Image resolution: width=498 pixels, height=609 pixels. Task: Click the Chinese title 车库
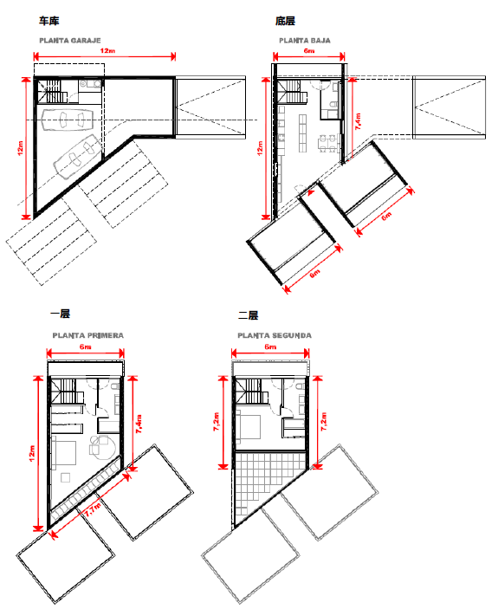point(49,21)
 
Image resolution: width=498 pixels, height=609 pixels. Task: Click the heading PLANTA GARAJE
point(70,41)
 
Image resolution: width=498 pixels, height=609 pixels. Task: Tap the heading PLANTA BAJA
point(305,41)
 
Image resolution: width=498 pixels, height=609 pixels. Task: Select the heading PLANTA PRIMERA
point(88,335)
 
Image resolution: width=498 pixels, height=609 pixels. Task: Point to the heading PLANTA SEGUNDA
point(275,335)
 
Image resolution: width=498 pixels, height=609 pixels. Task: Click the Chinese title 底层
point(285,21)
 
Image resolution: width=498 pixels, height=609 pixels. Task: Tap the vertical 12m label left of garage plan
point(21,148)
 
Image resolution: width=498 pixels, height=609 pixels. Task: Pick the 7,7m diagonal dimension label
point(93,509)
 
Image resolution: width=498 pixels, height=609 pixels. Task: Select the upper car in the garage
point(68,119)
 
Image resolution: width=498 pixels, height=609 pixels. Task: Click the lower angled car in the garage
point(77,156)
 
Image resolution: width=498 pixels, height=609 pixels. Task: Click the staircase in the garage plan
point(53,91)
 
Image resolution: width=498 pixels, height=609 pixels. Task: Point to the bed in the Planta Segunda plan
point(249,427)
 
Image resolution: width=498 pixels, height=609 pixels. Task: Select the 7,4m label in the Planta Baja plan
point(358,121)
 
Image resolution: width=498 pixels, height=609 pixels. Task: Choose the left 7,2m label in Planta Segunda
point(217,421)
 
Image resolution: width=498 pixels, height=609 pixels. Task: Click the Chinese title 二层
point(248,315)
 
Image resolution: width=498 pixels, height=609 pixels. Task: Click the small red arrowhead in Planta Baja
point(311,191)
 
